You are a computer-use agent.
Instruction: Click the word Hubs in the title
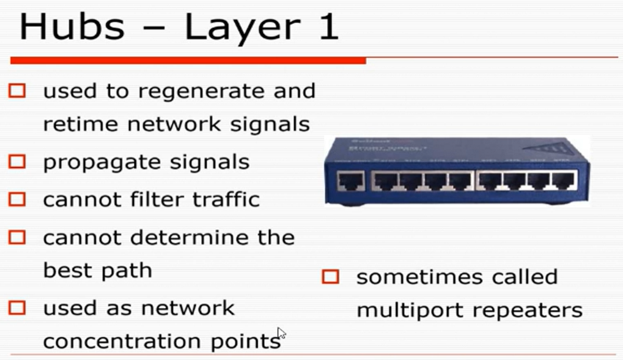(x=72, y=27)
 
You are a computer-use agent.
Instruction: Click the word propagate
(x=89, y=163)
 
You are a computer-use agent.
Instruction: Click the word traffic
(x=224, y=199)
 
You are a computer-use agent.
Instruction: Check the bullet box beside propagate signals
(x=17, y=162)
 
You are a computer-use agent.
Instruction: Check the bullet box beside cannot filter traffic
(x=17, y=199)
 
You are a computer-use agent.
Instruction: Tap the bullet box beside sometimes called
(x=330, y=277)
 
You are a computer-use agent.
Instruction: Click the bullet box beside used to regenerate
(x=17, y=91)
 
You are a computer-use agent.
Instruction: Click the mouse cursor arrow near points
(x=281, y=333)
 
